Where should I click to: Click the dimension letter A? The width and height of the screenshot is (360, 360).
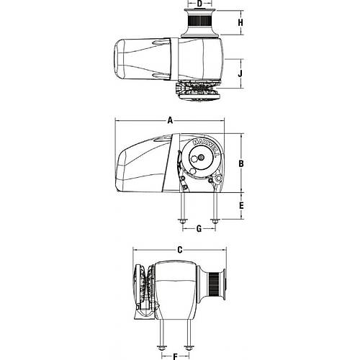point(170,121)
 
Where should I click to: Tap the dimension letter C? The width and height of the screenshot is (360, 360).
point(180,250)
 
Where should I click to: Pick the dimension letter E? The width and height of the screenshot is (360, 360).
point(242,206)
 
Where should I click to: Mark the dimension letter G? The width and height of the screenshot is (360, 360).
point(198,229)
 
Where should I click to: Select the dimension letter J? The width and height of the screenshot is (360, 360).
point(242,73)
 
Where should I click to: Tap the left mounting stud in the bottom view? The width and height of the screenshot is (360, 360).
point(163,338)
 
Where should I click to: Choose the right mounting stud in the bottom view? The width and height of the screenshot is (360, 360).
point(188,338)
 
